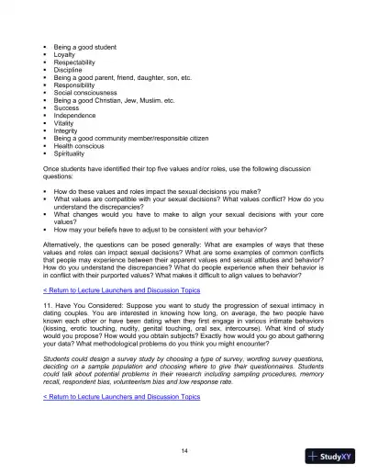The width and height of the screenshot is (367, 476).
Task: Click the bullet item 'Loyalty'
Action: pyautogui.click(x=68, y=54)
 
